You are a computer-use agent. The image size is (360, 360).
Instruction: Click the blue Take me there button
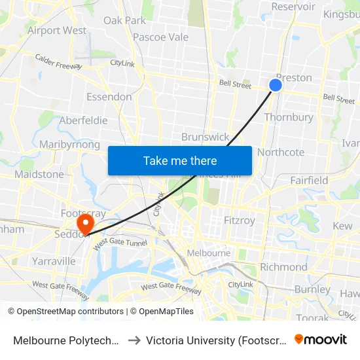tap(180, 160)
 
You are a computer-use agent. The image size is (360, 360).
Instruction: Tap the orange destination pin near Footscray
tap(84, 223)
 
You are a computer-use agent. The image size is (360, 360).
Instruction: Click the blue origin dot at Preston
tap(276, 85)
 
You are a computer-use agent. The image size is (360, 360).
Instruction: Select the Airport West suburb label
tap(56, 30)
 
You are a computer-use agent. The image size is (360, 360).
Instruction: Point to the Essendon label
tap(109, 97)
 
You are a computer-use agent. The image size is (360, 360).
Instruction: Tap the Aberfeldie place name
tap(83, 120)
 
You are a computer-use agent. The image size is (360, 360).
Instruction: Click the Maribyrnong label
tap(69, 145)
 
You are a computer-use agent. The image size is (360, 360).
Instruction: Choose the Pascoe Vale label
tap(160, 37)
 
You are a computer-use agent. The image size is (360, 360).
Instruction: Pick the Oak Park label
tap(124, 20)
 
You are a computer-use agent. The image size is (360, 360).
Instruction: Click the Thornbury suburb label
tap(289, 117)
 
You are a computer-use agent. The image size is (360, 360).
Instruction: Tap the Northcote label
tap(281, 152)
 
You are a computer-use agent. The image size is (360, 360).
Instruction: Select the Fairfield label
tap(309, 180)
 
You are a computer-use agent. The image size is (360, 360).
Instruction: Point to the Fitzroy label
tap(239, 220)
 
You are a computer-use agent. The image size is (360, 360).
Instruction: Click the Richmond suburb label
tap(283, 267)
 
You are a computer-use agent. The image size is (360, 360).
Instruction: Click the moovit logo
tap(321, 339)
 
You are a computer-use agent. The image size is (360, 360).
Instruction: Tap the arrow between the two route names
tap(134, 340)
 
